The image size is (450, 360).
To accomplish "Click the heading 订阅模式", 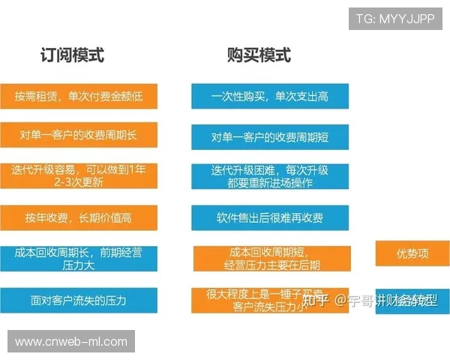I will [x=72, y=55].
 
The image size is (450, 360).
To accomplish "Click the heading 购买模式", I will [x=259, y=55].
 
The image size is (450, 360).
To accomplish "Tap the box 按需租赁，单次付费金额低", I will [x=79, y=96].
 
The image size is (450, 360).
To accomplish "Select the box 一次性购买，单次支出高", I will [x=270, y=96].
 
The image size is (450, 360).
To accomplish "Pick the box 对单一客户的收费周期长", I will [x=79, y=136].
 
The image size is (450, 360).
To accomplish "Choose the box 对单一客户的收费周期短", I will [x=270, y=136].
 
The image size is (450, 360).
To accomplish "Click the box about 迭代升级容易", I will [x=79, y=176].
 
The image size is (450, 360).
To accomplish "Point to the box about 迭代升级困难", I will [x=270, y=177].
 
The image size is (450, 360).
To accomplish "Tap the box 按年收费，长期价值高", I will [x=79, y=217].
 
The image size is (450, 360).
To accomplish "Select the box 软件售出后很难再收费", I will [x=270, y=217].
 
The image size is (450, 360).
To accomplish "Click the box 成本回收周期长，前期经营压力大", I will [x=79, y=259].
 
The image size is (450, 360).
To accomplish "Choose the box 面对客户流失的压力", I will [x=79, y=300].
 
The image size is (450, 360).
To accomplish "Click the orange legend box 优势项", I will [x=412, y=253].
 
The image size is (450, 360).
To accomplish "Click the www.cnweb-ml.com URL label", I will [x=71, y=341].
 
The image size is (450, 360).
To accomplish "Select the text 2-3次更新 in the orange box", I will [x=79, y=182].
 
